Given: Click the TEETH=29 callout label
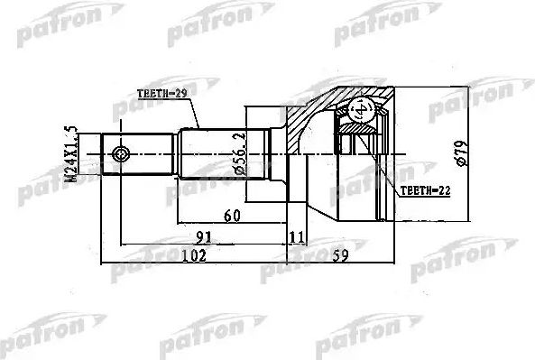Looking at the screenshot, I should [161, 94].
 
